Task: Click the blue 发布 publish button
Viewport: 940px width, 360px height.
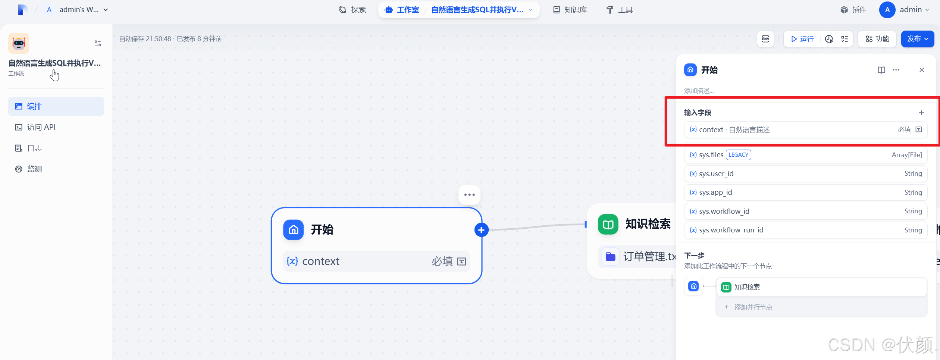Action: [917, 39]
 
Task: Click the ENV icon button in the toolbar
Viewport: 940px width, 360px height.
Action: [765, 39]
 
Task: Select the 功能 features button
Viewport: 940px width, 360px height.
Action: [877, 39]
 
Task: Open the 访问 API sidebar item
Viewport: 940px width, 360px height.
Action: [41, 127]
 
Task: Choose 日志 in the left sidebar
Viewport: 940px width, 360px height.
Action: [34, 148]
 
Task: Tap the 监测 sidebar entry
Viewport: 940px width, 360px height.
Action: [34, 169]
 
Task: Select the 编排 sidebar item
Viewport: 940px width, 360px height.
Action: [34, 106]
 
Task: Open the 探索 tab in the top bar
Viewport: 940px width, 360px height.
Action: [352, 10]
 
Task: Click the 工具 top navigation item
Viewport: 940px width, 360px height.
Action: [620, 10]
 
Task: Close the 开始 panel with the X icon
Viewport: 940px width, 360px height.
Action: [922, 70]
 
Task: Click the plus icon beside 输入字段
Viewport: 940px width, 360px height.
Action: [921, 113]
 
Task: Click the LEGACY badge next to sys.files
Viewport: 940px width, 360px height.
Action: [738, 155]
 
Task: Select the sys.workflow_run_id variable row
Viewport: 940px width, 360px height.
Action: [806, 230]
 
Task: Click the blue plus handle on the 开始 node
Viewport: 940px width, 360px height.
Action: [481, 230]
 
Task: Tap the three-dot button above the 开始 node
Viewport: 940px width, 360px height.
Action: [469, 195]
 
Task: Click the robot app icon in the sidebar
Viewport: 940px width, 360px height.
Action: [19, 43]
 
